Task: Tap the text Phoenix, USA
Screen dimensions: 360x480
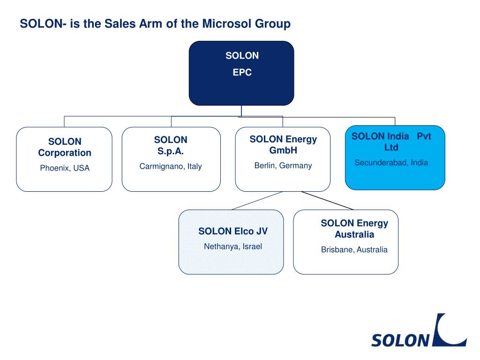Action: tap(65, 168)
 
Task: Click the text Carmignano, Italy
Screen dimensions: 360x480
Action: tap(171, 166)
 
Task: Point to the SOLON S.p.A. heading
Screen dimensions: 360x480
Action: tap(171, 145)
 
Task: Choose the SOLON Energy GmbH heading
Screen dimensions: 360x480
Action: tap(283, 145)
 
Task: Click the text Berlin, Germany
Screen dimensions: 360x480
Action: tap(283, 165)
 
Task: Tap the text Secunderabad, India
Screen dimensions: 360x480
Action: tap(391, 163)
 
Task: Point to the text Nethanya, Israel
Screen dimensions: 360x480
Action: tap(233, 247)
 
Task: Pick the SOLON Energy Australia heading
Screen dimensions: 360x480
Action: tap(354, 229)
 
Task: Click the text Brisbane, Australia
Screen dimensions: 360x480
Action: tap(354, 250)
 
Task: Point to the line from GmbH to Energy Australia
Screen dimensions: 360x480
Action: tap(327, 200)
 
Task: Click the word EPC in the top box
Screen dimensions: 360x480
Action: tap(242, 73)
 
